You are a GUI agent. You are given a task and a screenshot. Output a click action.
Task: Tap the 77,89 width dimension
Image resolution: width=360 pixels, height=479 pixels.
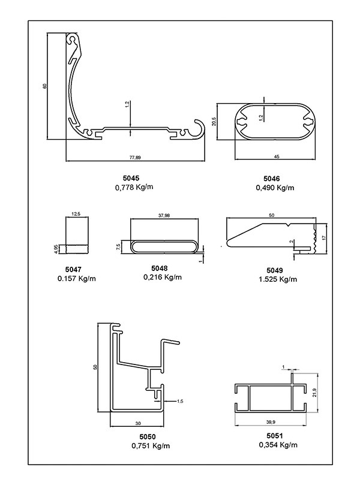click(136, 158)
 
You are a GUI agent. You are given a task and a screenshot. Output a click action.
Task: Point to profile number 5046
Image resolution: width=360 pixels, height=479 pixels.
click(271, 177)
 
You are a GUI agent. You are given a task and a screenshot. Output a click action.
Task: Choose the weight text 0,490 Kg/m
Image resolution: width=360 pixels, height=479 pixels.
click(275, 187)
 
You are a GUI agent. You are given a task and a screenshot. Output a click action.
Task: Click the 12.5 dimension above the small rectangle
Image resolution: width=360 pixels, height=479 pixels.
click(76, 213)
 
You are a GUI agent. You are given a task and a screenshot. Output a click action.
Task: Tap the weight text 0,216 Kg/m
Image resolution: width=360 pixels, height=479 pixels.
click(163, 277)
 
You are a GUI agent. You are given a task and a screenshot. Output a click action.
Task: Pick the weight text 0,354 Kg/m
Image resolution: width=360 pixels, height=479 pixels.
click(277, 445)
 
